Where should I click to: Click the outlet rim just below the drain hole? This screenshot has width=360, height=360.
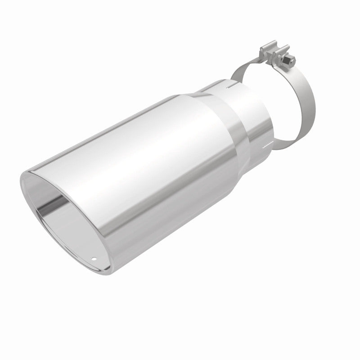point(94,267)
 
